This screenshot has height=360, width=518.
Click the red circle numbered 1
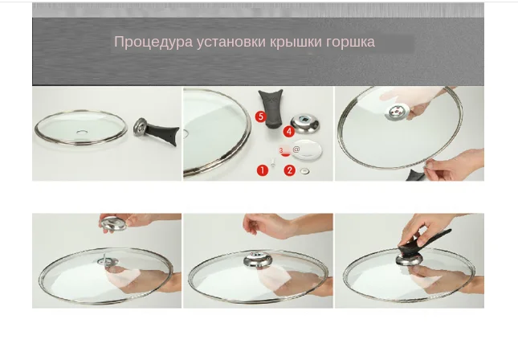tap(262, 170)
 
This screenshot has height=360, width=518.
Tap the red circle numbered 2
tap(289, 170)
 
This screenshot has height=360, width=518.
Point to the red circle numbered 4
tap(288, 132)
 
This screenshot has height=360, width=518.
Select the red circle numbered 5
tap(260, 117)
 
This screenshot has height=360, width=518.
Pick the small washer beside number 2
tap(305, 170)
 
